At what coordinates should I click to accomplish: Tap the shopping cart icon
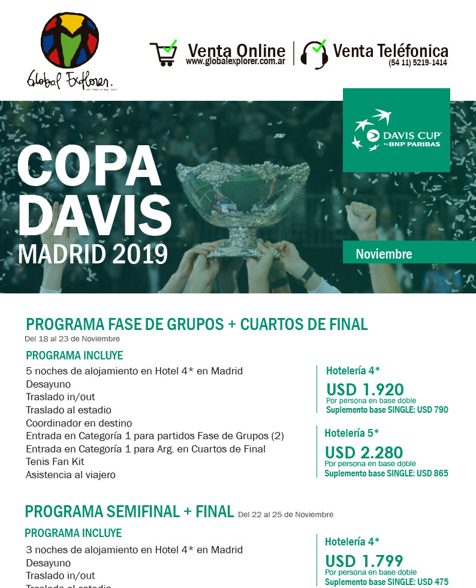tap(163, 53)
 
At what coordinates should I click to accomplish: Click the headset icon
tap(314, 54)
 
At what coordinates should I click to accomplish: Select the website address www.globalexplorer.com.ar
tap(235, 62)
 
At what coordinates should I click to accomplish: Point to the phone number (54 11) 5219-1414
tap(417, 62)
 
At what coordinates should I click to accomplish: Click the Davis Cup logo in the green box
tap(396, 130)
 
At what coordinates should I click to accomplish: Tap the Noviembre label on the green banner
tap(384, 254)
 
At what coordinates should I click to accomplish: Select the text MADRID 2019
tap(93, 254)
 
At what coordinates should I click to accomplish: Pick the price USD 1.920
tap(364, 389)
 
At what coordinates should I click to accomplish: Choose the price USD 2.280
tap(363, 452)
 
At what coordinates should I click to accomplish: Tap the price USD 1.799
tap(364, 561)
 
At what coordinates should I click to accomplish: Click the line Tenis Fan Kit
tap(55, 462)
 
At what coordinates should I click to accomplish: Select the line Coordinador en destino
tap(79, 423)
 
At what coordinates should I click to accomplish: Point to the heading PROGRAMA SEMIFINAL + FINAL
tap(129, 512)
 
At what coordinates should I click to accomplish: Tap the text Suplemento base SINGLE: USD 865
tap(386, 473)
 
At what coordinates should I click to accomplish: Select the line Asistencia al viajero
tap(71, 475)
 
